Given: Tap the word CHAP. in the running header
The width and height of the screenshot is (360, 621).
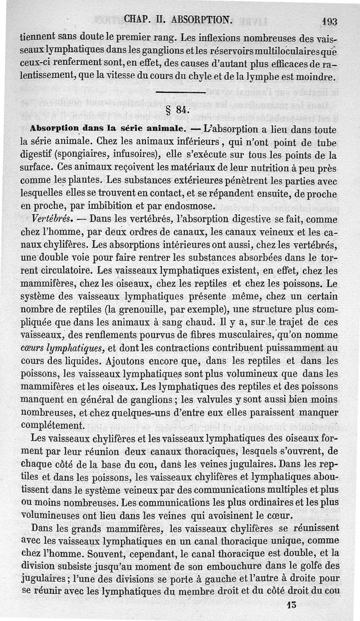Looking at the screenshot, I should tap(138, 19).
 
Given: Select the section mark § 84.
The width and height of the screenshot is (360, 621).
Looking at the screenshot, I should tap(178, 110).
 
